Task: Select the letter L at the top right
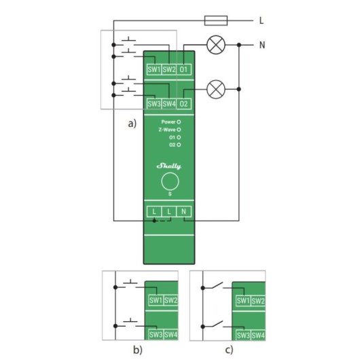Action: point(262,20)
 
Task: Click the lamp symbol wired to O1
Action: point(216,45)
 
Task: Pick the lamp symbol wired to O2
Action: point(216,88)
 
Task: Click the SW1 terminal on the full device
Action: point(154,69)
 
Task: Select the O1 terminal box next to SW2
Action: point(185,69)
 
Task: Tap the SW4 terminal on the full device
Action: point(169,104)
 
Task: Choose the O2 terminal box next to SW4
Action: point(185,104)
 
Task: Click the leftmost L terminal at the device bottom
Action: point(154,213)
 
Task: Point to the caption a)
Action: point(132,123)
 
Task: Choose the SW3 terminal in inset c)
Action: point(242,335)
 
